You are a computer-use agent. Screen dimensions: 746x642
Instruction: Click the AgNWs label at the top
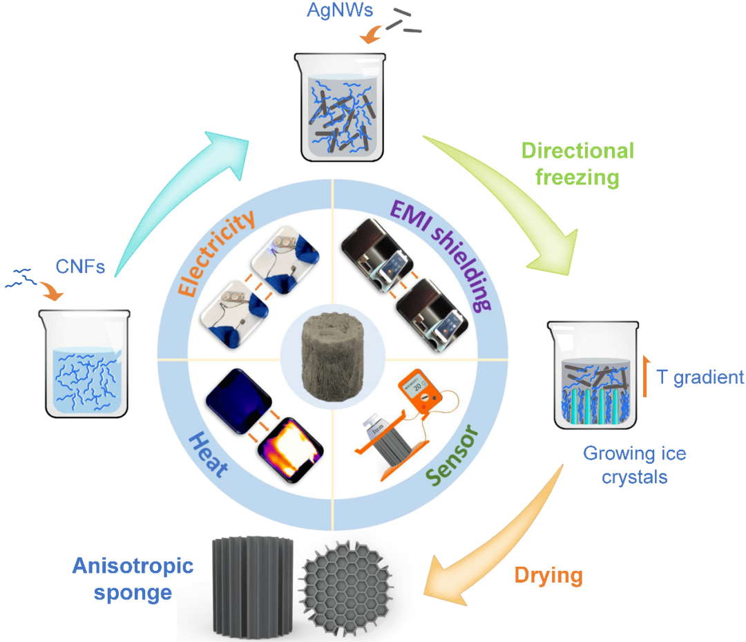tap(340, 10)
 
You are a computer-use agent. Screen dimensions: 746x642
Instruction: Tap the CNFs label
tap(80, 267)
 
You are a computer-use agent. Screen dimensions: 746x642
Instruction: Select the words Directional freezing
tap(577, 164)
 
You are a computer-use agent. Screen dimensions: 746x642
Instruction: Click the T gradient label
tap(700, 377)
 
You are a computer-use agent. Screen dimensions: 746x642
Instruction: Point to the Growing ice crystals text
tap(635, 465)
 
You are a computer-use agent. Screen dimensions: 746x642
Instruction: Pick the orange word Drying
tap(548, 576)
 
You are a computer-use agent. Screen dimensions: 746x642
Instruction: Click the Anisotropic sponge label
tap(133, 579)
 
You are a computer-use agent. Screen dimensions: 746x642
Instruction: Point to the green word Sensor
tap(452, 455)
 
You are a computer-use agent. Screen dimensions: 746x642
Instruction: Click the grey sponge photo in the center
tap(332, 357)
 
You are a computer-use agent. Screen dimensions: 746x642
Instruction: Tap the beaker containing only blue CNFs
tap(85, 364)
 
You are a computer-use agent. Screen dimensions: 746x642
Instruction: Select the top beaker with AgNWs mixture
tap(341, 107)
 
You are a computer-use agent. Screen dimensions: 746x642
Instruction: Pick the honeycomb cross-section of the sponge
tap(347, 588)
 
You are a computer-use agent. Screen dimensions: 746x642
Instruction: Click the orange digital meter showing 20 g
tap(420, 391)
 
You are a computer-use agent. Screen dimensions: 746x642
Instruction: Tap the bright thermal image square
tap(290, 450)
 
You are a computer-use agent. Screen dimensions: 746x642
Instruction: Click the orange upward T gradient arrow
tap(646, 376)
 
